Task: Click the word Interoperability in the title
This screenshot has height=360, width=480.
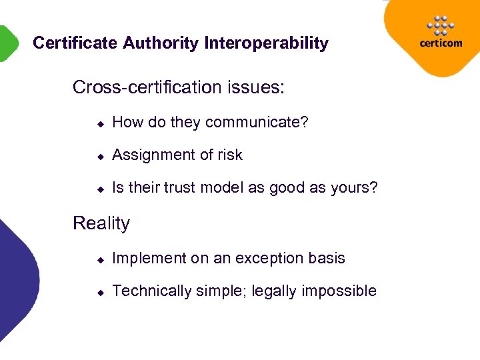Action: (267, 43)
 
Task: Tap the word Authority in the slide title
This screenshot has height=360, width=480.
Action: (161, 43)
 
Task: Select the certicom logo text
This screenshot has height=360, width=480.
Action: (441, 44)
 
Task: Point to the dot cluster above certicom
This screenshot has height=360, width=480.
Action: (441, 25)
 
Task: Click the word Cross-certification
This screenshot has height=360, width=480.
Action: (144, 87)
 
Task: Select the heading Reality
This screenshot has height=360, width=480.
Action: (101, 223)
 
